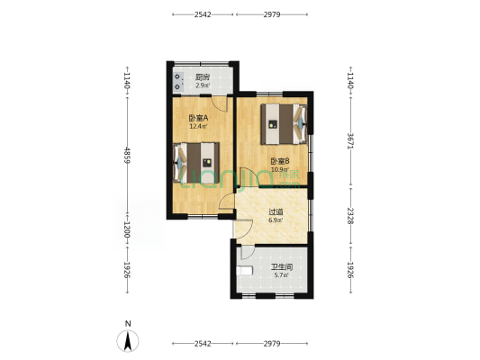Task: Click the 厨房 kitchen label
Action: (x=203, y=76)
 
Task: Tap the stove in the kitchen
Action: (x=178, y=81)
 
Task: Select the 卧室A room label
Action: (x=198, y=118)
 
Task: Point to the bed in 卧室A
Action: (x=196, y=162)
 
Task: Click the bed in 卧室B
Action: (x=284, y=124)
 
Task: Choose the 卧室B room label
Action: (x=280, y=161)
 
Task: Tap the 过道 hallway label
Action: (x=276, y=211)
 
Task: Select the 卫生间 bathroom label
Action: (x=282, y=267)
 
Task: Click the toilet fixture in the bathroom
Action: (x=245, y=270)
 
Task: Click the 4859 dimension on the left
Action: (x=127, y=156)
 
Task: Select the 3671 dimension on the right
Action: (x=350, y=141)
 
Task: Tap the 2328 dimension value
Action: (x=350, y=216)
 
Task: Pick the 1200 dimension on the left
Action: (x=127, y=229)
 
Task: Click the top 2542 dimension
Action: (x=203, y=14)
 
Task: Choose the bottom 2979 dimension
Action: (x=272, y=344)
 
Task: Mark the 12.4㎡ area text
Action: (x=198, y=126)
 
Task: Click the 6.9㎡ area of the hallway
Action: (x=276, y=220)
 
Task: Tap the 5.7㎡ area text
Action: (x=281, y=275)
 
